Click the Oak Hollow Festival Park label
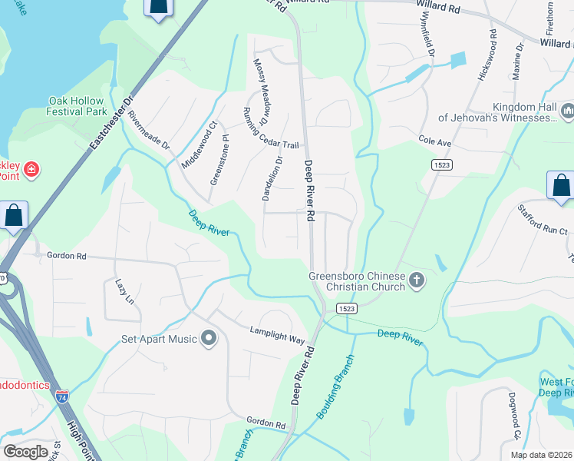point(76,106)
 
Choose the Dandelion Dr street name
point(272,177)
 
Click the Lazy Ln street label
point(124,291)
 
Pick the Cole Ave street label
point(434,141)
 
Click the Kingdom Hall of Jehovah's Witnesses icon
point(568,113)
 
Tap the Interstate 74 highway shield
point(62,396)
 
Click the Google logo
point(25,452)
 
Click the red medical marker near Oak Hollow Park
point(31,169)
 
